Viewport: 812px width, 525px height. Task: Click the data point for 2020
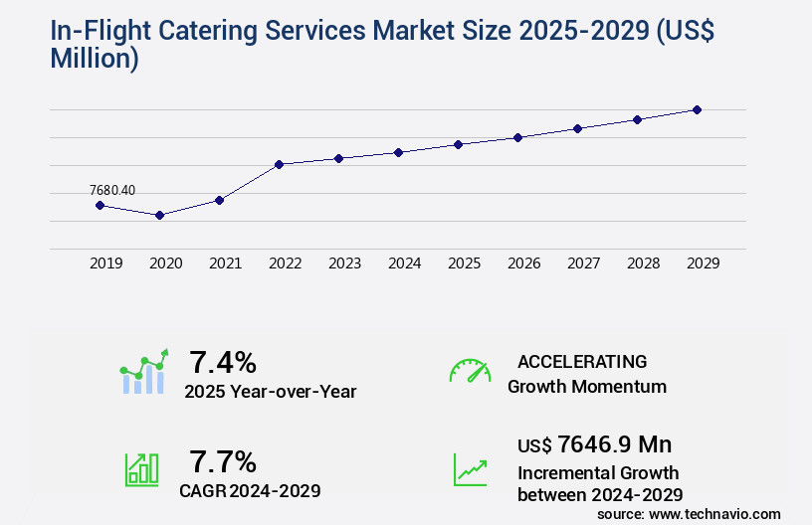pyautogui.click(x=159, y=215)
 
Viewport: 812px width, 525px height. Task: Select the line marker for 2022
pyautogui.click(x=280, y=164)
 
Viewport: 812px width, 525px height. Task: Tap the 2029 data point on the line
pyautogui.click(x=697, y=109)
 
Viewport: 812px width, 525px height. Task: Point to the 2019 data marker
pyautogui.click(x=100, y=205)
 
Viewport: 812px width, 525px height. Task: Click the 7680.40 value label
pyautogui.click(x=112, y=190)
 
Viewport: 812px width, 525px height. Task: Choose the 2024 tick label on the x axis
pyautogui.click(x=404, y=263)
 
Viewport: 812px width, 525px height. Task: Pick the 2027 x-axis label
pyautogui.click(x=583, y=263)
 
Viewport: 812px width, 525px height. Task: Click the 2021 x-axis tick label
pyautogui.click(x=225, y=263)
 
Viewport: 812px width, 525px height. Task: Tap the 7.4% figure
pyautogui.click(x=223, y=361)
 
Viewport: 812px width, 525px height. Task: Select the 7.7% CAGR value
pyautogui.click(x=223, y=461)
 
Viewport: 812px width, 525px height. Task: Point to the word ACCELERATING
pyautogui.click(x=582, y=361)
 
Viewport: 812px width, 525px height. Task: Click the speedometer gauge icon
pyautogui.click(x=470, y=371)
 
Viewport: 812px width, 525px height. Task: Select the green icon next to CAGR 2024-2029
pyautogui.click(x=141, y=469)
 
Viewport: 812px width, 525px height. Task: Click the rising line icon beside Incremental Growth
pyautogui.click(x=470, y=469)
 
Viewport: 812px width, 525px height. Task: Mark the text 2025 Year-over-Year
pyautogui.click(x=270, y=392)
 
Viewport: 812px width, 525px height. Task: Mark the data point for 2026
pyautogui.click(x=517, y=137)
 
